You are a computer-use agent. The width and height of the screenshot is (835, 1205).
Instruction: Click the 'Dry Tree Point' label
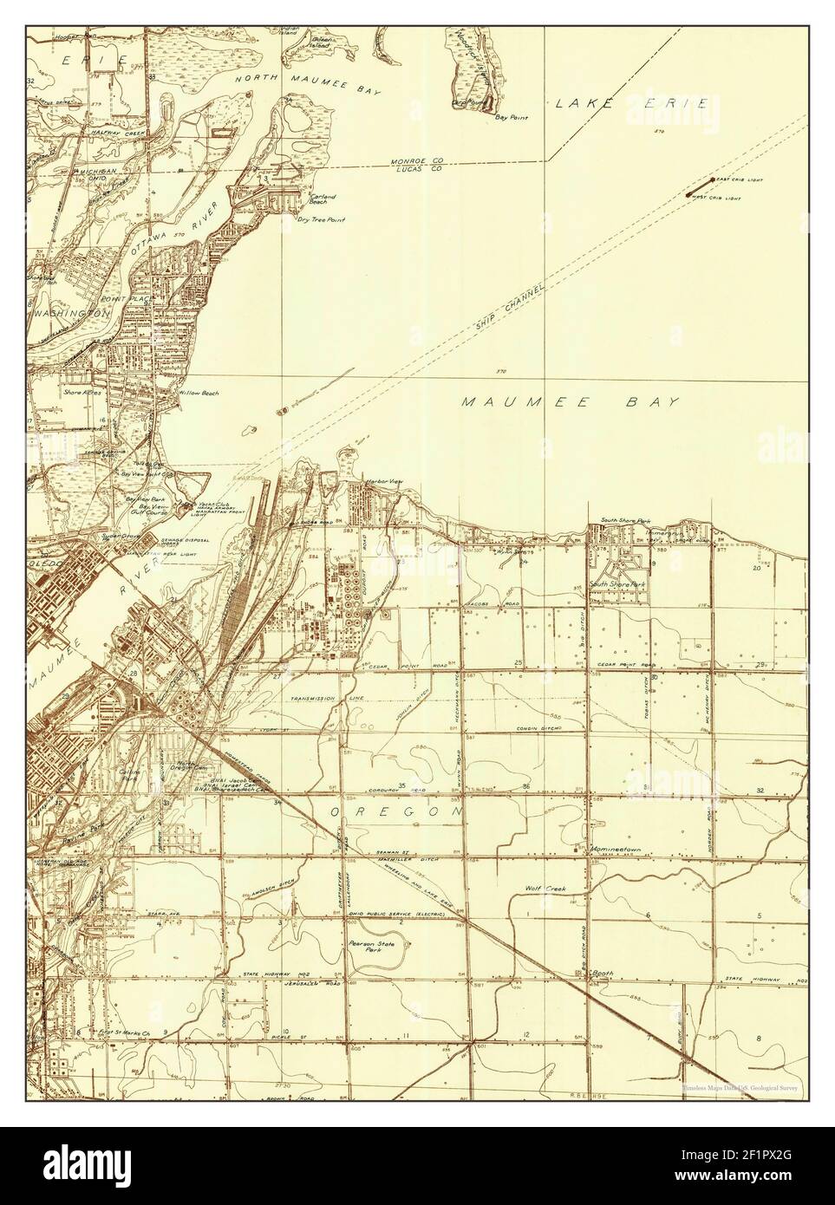(x=321, y=220)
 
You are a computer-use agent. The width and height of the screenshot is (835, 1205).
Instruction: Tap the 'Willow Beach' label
(x=199, y=393)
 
